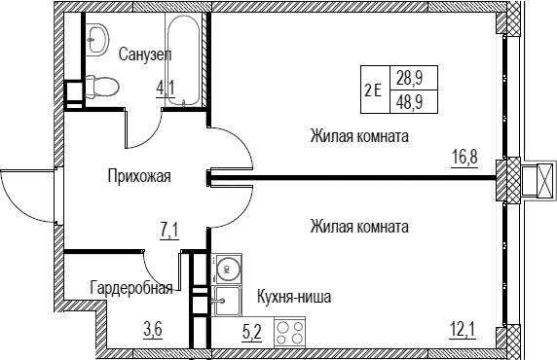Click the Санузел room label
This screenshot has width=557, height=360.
(x=145, y=54)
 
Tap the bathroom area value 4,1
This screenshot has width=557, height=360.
(x=166, y=88)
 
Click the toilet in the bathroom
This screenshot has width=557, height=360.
(x=102, y=86)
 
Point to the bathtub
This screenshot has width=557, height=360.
(x=183, y=59)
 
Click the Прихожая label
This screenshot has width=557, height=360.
(x=139, y=176)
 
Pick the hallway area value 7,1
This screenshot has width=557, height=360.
(x=169, y=232)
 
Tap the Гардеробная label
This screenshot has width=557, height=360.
(x=131, y=288)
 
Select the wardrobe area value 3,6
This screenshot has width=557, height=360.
(x=153, y=331)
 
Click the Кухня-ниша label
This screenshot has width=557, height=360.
(x=294, y=297)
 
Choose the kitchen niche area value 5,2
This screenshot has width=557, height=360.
(x=252, y=333)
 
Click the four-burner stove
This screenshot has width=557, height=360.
(x=289, y=332)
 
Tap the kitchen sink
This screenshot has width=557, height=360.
(x=227, y=302)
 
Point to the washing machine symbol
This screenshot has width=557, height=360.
(x=227, y=270)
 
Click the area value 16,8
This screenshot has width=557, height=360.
(x=464, y=157)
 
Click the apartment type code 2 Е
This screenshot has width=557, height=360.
(x=373, y=90)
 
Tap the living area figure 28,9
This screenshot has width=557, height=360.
(x=409, y=78)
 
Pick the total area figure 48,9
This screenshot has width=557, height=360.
(x=409, y=102)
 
